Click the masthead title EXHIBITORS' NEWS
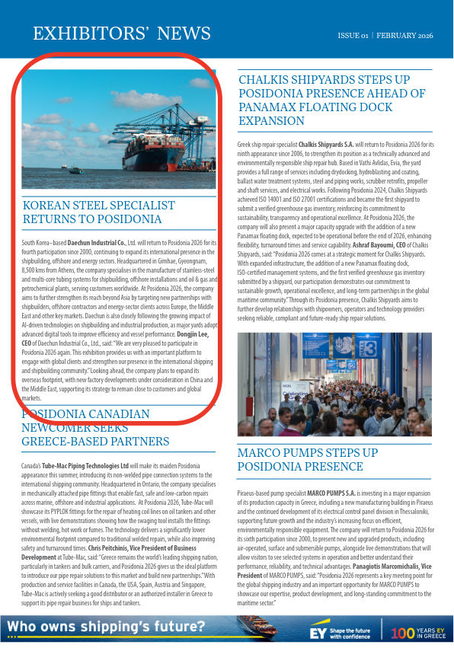click(122, 34)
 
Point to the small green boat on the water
click(75, 171)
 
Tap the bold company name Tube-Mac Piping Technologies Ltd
click(85, 464)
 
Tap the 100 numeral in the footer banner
click(402, 632)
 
